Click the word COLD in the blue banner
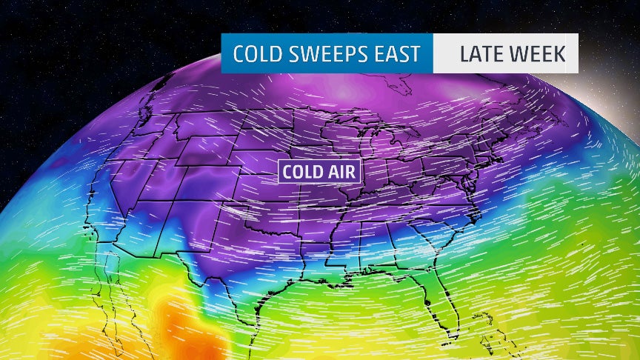[x=256, y=54]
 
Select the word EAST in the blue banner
[x=397, y=54]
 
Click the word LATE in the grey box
[x=483, y=54]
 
